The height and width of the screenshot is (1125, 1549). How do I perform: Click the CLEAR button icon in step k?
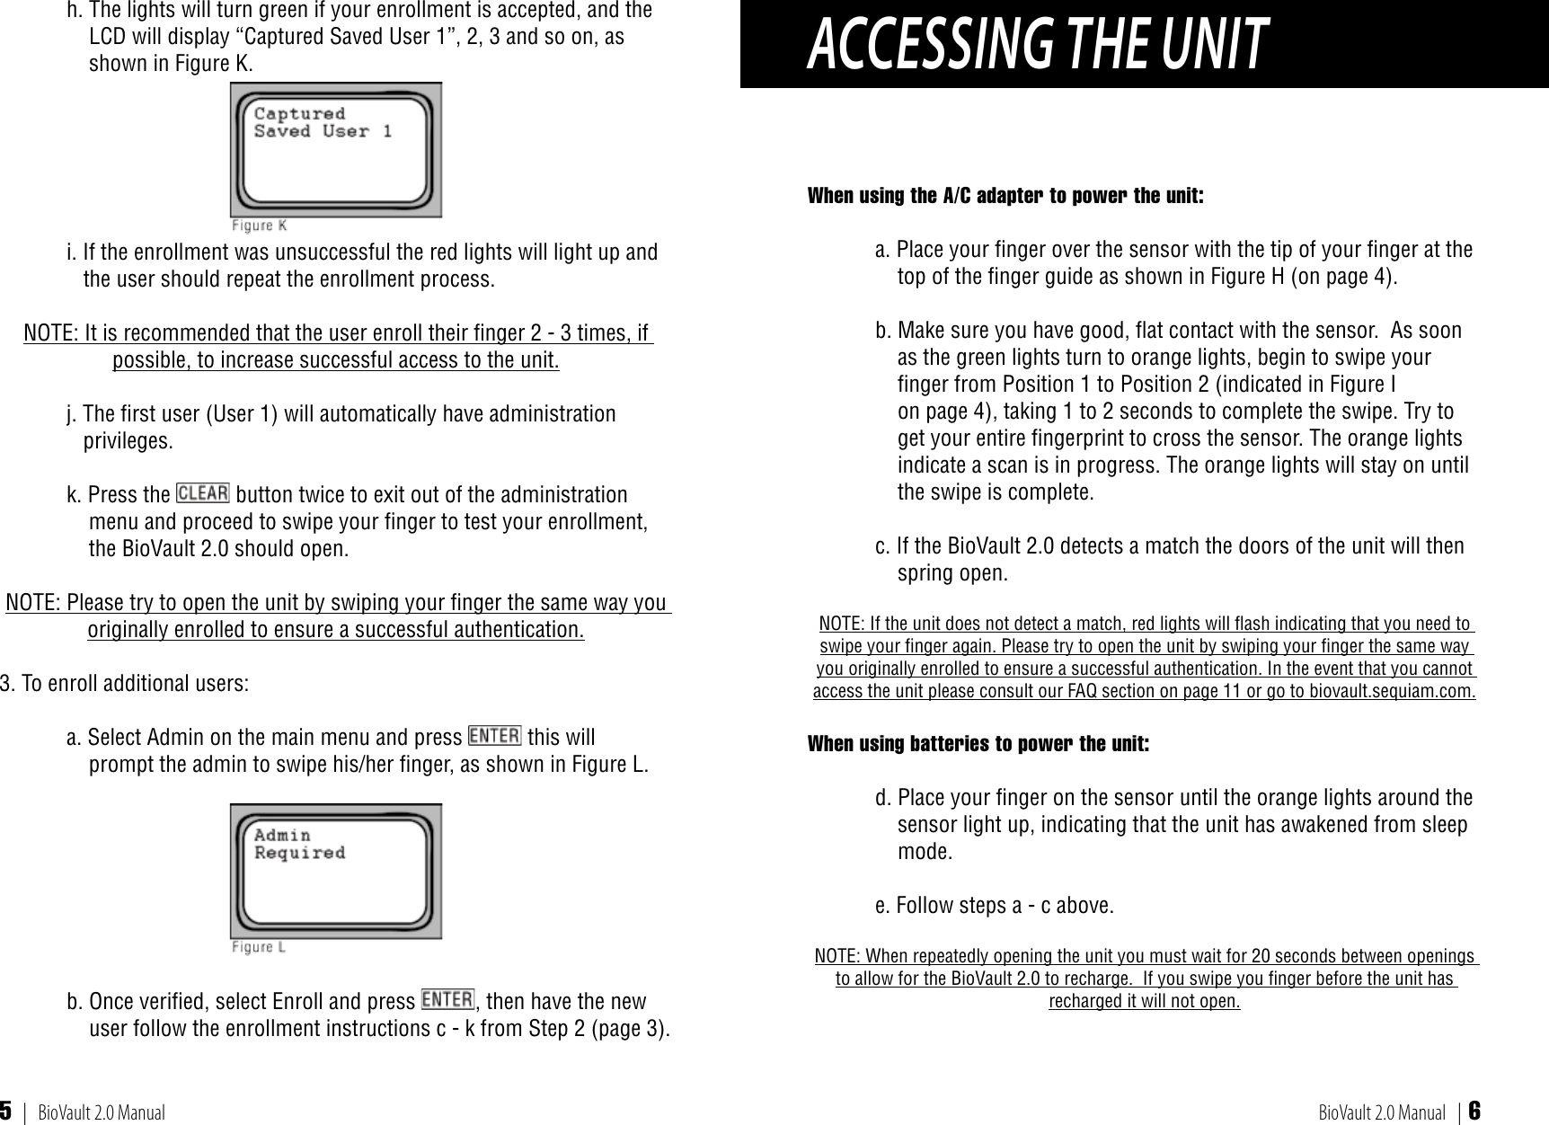[x=203, y=493]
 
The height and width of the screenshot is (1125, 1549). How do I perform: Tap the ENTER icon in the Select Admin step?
[x=494, y=736]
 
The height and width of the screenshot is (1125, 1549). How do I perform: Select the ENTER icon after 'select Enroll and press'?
[x=447, y=1000]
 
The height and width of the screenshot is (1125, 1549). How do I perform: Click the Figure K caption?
[x=260, y=226]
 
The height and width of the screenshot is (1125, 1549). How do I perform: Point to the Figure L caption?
[x=259, y=947]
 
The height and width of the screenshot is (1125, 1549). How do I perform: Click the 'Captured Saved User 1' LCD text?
[x=323, y=122]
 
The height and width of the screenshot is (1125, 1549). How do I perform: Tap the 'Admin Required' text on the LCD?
[x=299, y=844]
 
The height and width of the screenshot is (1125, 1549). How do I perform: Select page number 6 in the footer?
[x=1474, y=1112]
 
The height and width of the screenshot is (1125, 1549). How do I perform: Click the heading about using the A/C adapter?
[x=1005, y=196]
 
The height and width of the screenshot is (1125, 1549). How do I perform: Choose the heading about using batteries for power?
[x=978, y=744]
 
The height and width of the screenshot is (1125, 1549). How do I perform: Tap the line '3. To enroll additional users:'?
[x=125, y=683]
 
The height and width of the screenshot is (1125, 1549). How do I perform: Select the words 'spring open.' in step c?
[x=952, y=573]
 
